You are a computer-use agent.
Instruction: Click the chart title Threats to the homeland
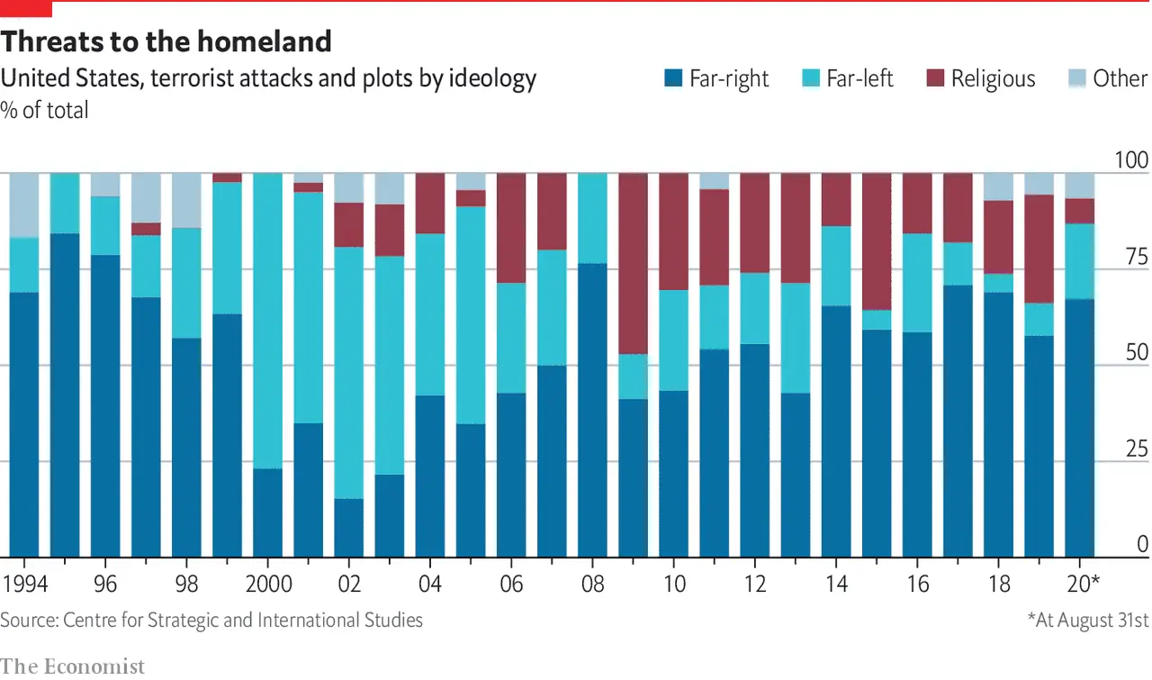pyautogui.click(x=166, y=41)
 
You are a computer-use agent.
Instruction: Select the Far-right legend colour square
pyautogui.click(x=672, y=78)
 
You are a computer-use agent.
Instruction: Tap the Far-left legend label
pyautogui.click(x=859, y=78)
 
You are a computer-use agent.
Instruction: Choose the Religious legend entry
pyautogui.click(x=993, y=78)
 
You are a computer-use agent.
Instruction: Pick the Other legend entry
pyautogui.click(x=1120, y=78)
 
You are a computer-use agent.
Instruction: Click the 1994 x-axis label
pyautogui.click(x=23, y=584)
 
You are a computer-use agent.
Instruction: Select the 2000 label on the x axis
pyautogui.click(x=269, y=584)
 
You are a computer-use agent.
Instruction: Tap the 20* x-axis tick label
pyautogui.click(x=1082, y=584)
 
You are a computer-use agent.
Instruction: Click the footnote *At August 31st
pyautogui.click(x=1087, y=620)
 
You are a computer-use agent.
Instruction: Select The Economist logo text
pyautogui.click(x=72, y=666)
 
